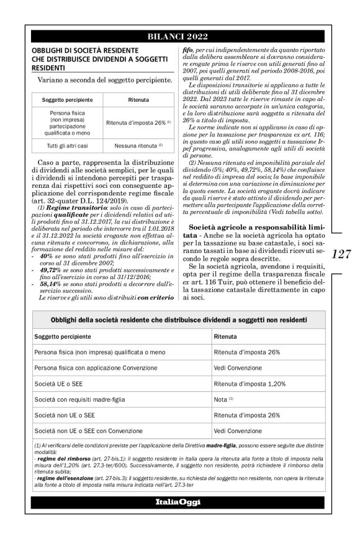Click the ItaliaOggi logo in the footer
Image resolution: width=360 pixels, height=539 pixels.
click(179, 501)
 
